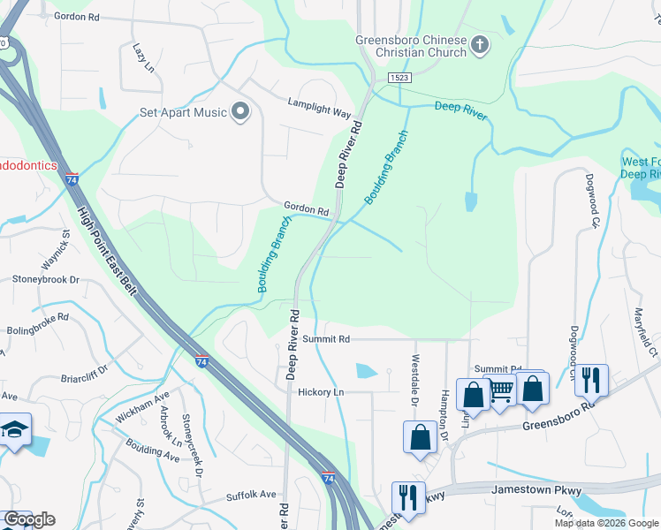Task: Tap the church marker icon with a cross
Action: [479, 45]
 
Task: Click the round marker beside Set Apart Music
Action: [239, 111]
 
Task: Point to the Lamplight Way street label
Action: [319, 108]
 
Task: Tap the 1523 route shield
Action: [399, 79]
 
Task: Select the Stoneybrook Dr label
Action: [46, 279]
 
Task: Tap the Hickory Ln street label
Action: [320, 391]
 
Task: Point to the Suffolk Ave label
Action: [251, 495]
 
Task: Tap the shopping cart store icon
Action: [501, 390]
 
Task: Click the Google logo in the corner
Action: [29, 519]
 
